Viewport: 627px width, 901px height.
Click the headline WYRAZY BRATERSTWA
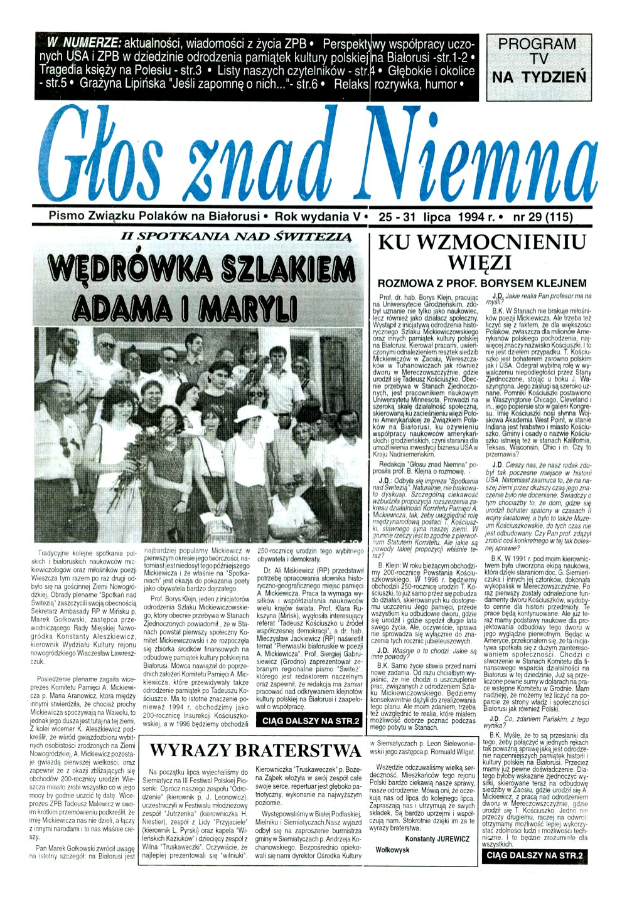click(255, 750)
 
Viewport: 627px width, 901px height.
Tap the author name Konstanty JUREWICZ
click(437, 838)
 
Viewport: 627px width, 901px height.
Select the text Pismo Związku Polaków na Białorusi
click(154, 216)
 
